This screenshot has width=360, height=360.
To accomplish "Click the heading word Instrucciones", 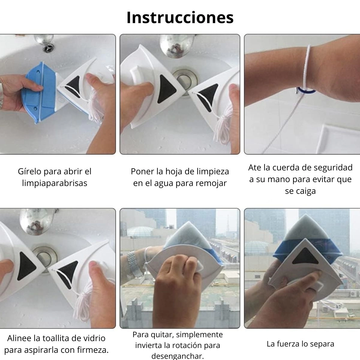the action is pos(180,18).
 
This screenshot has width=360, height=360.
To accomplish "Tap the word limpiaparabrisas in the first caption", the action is pos(55,183).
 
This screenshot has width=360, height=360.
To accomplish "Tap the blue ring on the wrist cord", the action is pos(306,91).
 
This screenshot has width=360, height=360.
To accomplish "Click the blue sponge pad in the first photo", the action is pos(39,92).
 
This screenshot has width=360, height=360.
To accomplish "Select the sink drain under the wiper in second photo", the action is pos(185,82).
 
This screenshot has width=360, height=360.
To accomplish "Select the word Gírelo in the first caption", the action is pos(30,172).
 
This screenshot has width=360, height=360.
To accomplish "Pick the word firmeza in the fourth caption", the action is pos(94,350).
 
